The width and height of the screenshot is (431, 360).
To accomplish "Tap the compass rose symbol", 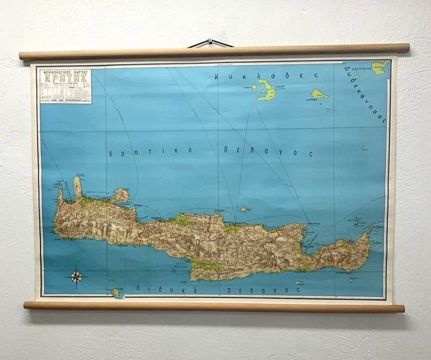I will point(76,276).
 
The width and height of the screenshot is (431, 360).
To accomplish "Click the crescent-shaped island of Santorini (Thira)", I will point(266,90).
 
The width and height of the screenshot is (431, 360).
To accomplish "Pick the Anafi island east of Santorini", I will point(319,94).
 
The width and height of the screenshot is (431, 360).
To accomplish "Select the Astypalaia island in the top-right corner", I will point(380,67).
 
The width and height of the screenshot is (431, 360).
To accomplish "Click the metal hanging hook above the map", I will point(210,42).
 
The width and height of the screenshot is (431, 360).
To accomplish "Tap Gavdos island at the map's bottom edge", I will point(118,293).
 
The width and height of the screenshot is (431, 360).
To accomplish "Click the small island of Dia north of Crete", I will point(243,209).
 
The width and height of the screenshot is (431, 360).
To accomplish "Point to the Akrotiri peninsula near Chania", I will point(121,196).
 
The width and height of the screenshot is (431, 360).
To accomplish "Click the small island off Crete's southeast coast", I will point(352,278).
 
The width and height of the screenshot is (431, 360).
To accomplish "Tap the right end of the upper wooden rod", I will point(405,47).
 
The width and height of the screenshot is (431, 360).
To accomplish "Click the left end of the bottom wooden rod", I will point(27,305).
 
